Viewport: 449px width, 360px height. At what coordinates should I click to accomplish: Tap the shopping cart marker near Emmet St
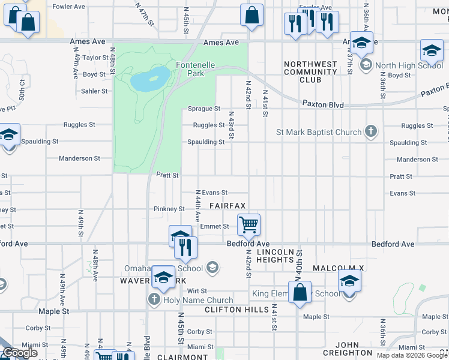[249, 225]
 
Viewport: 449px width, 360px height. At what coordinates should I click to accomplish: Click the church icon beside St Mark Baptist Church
[372, 132]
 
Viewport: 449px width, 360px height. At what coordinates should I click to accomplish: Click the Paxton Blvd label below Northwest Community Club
[323, 104]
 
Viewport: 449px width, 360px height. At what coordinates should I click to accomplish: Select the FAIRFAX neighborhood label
[228, 206]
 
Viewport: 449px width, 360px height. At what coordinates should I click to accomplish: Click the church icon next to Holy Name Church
[154, 299]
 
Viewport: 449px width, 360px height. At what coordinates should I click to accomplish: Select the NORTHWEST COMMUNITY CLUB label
[311, 72]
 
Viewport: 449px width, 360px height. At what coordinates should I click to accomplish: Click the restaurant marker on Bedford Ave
[186, 247]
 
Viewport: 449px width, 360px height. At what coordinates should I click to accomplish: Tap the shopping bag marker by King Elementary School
[300, 293]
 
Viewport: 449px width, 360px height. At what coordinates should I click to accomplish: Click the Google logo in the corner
[20, 353]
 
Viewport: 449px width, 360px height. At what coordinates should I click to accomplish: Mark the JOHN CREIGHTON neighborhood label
[346, 349]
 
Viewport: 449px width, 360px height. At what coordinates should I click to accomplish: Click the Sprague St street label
[204, 109]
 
